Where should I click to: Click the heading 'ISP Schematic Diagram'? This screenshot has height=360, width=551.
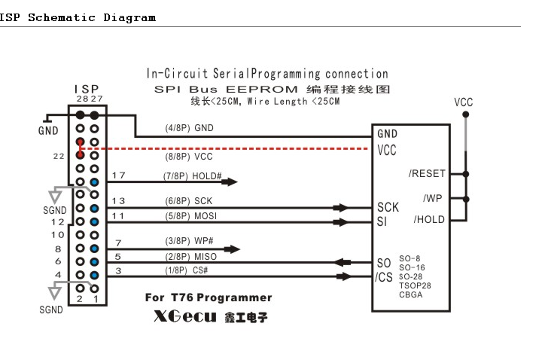click(x=78, y=17)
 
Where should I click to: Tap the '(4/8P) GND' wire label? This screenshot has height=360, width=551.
click(x=189, y=128)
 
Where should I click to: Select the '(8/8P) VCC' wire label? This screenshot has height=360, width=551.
click(x=189, y=159)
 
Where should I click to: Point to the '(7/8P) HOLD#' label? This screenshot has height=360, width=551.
click(x=193, y=175)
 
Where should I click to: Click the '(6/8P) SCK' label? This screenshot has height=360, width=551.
click(x=189, y=201)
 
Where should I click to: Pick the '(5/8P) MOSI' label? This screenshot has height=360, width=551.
click(x=191, y=216)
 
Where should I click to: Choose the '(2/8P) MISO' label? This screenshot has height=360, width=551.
click(x=190, y=257)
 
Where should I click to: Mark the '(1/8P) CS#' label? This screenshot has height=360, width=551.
click(x=187, y=270)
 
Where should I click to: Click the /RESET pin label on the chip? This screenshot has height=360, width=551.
click(x=427, y=173)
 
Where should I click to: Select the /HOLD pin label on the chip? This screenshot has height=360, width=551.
click(x=429, y=220)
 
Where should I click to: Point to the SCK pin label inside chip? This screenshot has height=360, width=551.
click(x=388, y=207)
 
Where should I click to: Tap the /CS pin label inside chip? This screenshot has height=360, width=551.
click(x=384, y=276)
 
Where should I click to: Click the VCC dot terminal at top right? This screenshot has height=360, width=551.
click(x=466, y=114)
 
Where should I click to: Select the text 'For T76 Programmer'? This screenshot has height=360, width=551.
click(x=209, y=297)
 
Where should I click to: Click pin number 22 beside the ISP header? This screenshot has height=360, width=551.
click(x=57, y=156)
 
